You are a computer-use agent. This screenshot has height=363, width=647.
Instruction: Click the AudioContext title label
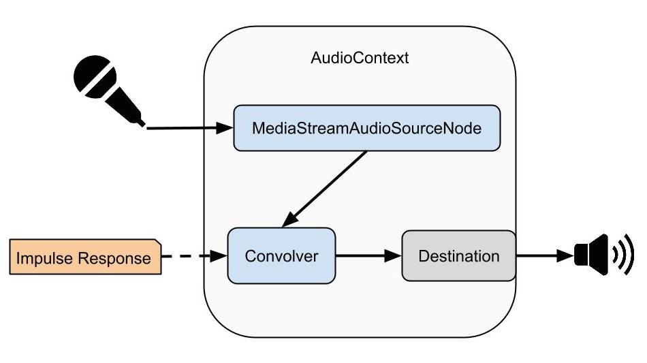click(x=360, y=58)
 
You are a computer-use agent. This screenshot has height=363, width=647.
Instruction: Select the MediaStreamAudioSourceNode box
click(x=366, y=127)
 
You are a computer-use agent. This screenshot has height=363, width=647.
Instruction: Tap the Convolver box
click(x=281, y=256)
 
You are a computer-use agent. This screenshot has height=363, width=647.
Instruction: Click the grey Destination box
click(x=458, y=256)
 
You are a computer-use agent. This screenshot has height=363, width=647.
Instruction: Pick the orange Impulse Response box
click(x=84, y=258)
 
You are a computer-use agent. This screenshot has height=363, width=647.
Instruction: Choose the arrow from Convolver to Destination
click(x=368, y=256)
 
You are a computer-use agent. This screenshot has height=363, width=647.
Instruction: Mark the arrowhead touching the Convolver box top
click(x=290, y=220)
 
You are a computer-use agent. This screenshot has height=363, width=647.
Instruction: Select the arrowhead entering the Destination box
click(x=394, y=256)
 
